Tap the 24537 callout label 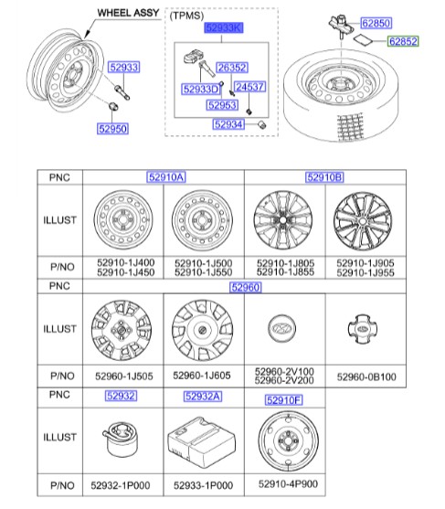(x=249, y=87)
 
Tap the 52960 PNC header (x=245, y=287)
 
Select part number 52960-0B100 (x=365, y=376)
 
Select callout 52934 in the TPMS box (x=228, y=124)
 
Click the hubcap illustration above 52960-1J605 (x=203, y=330)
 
